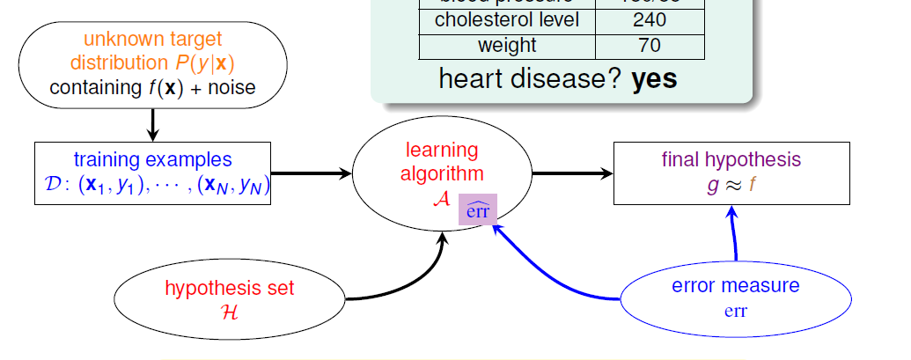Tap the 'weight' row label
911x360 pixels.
coord(506,46)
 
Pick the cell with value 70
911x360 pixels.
coord(649,46)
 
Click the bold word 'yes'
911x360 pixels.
coord(654,79)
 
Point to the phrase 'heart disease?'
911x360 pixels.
coord(530,79)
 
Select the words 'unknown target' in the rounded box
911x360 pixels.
coord(153,39)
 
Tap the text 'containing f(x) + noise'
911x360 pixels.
coord(152,87)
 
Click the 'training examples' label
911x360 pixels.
coord(153,159)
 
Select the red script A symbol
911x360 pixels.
coord(441,198)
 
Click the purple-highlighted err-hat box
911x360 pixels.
coord(479,209)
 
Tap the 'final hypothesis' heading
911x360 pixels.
coord(731,159)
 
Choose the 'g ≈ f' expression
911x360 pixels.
coord(731,185)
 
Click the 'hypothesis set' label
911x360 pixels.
coord(230,288)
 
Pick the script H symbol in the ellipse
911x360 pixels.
coord(230,311)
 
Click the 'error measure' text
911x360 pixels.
coord(736,286)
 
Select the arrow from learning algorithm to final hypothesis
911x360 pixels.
coord(572,173)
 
